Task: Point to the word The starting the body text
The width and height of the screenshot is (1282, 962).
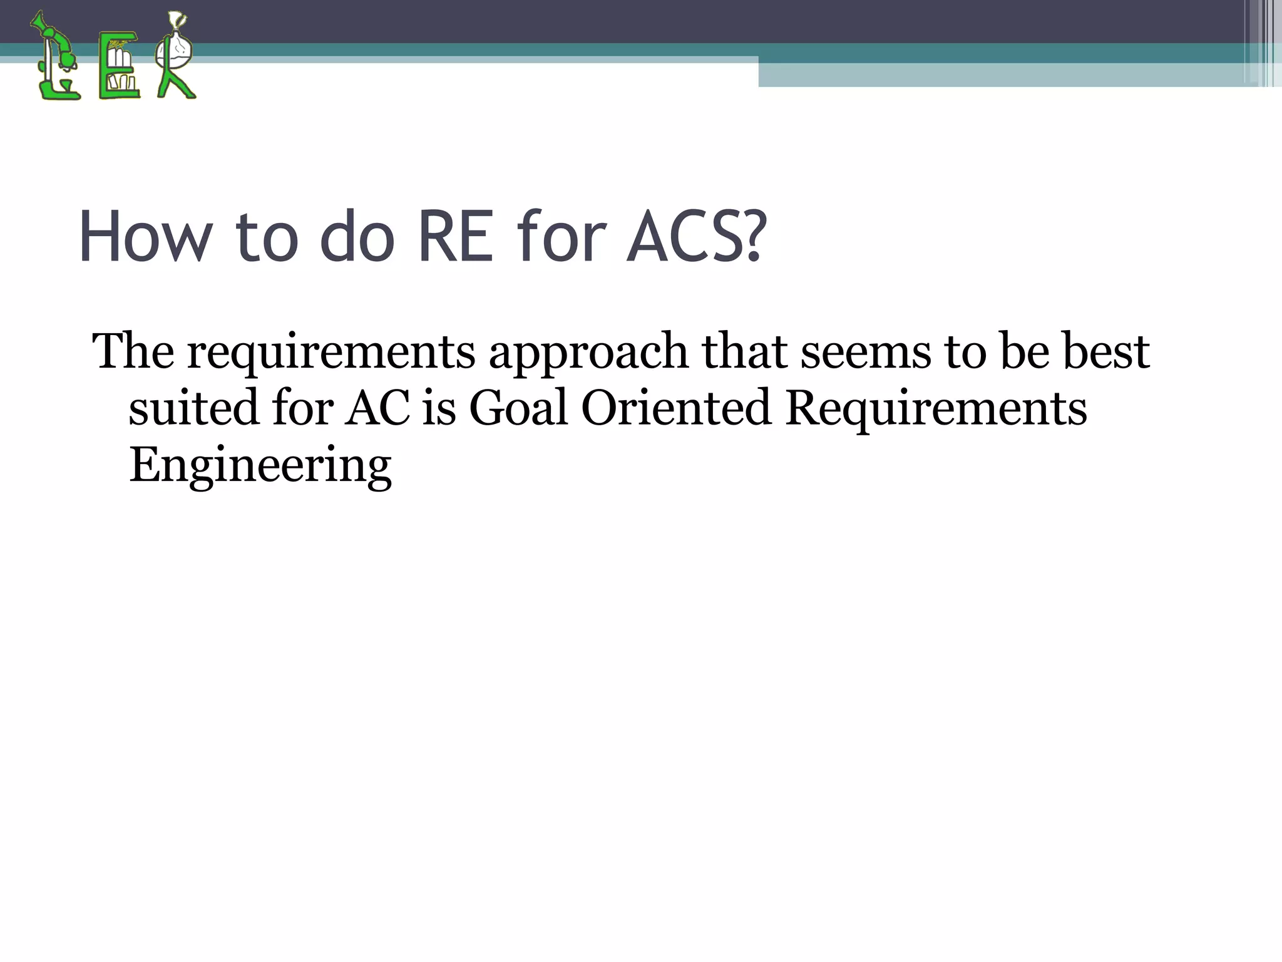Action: point(133,351)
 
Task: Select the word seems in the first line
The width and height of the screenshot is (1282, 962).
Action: point(866,353)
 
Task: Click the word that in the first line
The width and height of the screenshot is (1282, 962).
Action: point(745,351)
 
